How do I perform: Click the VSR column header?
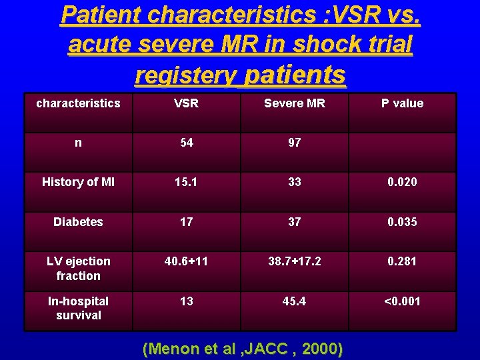[187, 103]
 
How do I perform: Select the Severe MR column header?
[295, 103]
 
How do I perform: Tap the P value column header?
[402, 103]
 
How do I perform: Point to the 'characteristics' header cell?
[78, 103]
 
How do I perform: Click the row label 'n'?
[79, 142]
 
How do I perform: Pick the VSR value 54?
[187, 142]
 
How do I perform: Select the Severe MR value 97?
[295, 142]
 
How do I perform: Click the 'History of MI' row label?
[78, 182]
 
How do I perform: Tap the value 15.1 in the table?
[187, 182]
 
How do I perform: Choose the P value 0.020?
[402, 182]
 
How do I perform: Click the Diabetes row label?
[78, 222]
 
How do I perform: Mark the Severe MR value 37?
[295, 222]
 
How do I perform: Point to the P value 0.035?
[402, 222]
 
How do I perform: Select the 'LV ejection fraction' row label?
[78, 268]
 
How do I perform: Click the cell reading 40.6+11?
[187, 261]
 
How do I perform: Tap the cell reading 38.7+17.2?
[295, 261]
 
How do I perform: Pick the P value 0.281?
[402, 261]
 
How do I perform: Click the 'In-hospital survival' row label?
[78, 308]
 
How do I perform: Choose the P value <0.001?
[402, 301]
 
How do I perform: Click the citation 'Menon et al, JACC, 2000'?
[243, 348]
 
